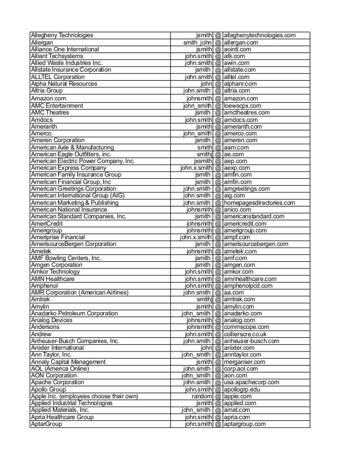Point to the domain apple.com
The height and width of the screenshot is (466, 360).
coord(238,397)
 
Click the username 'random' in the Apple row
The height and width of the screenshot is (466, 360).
coord(202,397)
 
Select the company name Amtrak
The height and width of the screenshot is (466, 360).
coord(41,299)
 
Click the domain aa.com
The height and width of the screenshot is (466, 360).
coord(234,292)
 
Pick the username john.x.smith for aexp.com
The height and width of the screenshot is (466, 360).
coord(196,168)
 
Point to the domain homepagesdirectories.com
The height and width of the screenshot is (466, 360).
coord(259,203)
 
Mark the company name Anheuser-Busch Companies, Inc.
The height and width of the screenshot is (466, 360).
coord(75,341)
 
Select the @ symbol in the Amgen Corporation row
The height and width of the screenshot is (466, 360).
coord(218,265)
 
